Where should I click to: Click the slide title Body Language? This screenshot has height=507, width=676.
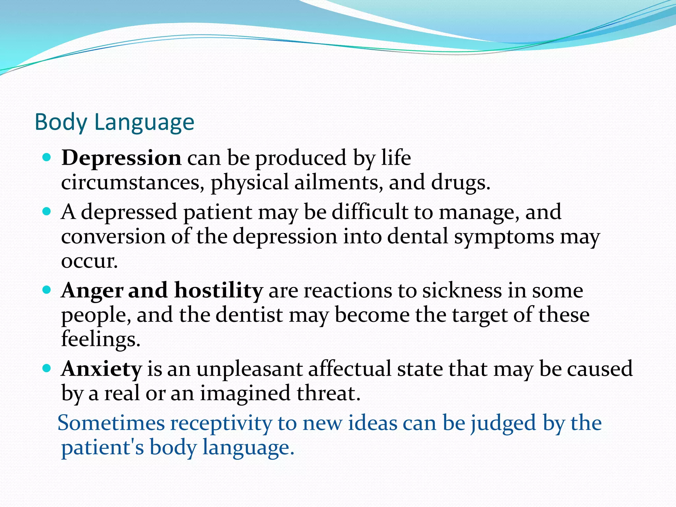(114, 122)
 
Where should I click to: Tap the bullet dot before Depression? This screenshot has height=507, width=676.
(47, 157)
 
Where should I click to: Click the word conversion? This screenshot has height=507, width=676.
(113, 237)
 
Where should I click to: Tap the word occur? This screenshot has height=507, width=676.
(89, 261)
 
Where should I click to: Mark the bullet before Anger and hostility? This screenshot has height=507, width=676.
(47, 290)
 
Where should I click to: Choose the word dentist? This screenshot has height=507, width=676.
(249, 315)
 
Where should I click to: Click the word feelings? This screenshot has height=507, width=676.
(101, 340)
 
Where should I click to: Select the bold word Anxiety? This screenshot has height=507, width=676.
(102, 369)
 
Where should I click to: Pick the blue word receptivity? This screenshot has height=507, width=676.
(221, 423)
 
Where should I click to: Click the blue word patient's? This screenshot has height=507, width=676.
(103, 448)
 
